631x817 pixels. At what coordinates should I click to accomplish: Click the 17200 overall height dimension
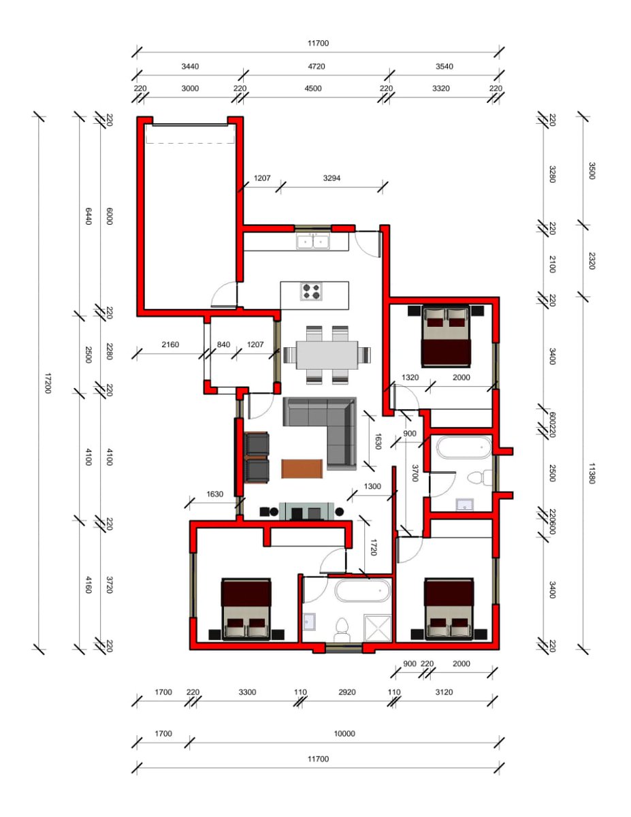pyautogui.click(x=48, y=383)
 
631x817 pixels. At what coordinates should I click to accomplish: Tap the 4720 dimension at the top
pyautogui.click(x=317, y=67)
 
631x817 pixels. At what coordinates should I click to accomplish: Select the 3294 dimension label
pyautogui.click(x=331, y=178)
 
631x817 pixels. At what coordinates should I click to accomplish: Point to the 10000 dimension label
pyautogui.click(x=344, y=733)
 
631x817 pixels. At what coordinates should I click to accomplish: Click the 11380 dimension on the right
pyautogui.click(x=592, y=473)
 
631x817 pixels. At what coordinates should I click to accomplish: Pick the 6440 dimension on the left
pyautogui.click(x=88, y=217)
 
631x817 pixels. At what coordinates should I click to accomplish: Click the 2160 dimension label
pyautogui.click(x=170, y=345)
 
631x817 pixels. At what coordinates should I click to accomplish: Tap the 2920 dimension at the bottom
pyautogui.click(x=347, y=692)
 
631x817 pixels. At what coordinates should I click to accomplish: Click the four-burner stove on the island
pyautogui.click(x=312, y=291)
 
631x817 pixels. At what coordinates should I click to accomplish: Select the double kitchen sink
pyautogui.click(x=313, y=242)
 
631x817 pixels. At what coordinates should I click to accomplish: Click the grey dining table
pyautogui.click(x=327, y=355)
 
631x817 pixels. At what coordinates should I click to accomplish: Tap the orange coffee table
pyautogui.click(x=302, y=469)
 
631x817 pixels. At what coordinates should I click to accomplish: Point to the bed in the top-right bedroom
pyautogui.click(x=446, y=336)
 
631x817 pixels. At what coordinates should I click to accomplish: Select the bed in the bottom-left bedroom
pyautogui.click(x=246, y=609)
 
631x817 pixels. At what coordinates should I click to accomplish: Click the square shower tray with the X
pyautogui.click(x=378, y=628)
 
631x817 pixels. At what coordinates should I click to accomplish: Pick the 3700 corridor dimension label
pyautogui.click(x=415, y=473)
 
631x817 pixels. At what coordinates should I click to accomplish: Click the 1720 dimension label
pyautogui.click(x=374, y=547)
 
